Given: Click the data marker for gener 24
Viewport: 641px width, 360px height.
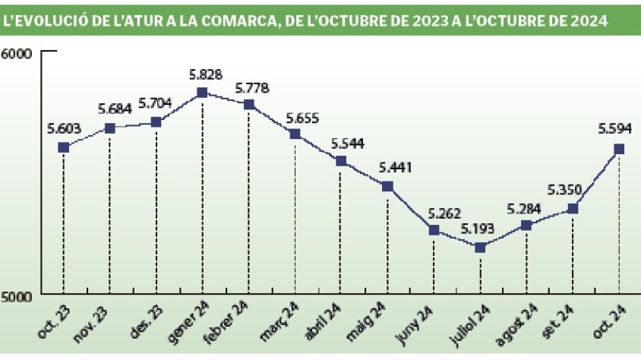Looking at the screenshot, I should [x=202, y=93].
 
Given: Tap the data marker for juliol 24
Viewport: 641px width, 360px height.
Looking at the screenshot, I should [x=479, y=248].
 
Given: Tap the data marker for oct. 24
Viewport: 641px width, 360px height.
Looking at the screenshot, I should [x=619, y=149].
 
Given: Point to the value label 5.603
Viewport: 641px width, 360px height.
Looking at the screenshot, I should [x=64, y=128].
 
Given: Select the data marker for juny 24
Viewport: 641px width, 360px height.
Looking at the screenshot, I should [x=434, y=230].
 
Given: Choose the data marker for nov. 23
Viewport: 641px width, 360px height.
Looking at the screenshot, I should [x=110, y=128].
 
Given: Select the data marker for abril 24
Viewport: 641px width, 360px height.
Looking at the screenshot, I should [x=341, y=161].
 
